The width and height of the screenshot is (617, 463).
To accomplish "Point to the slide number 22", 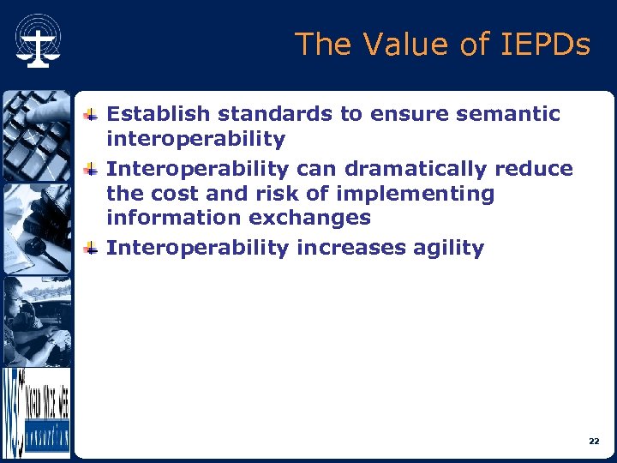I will (x=594, y=441).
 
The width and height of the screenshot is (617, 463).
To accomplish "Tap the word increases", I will (x=346, y=249).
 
